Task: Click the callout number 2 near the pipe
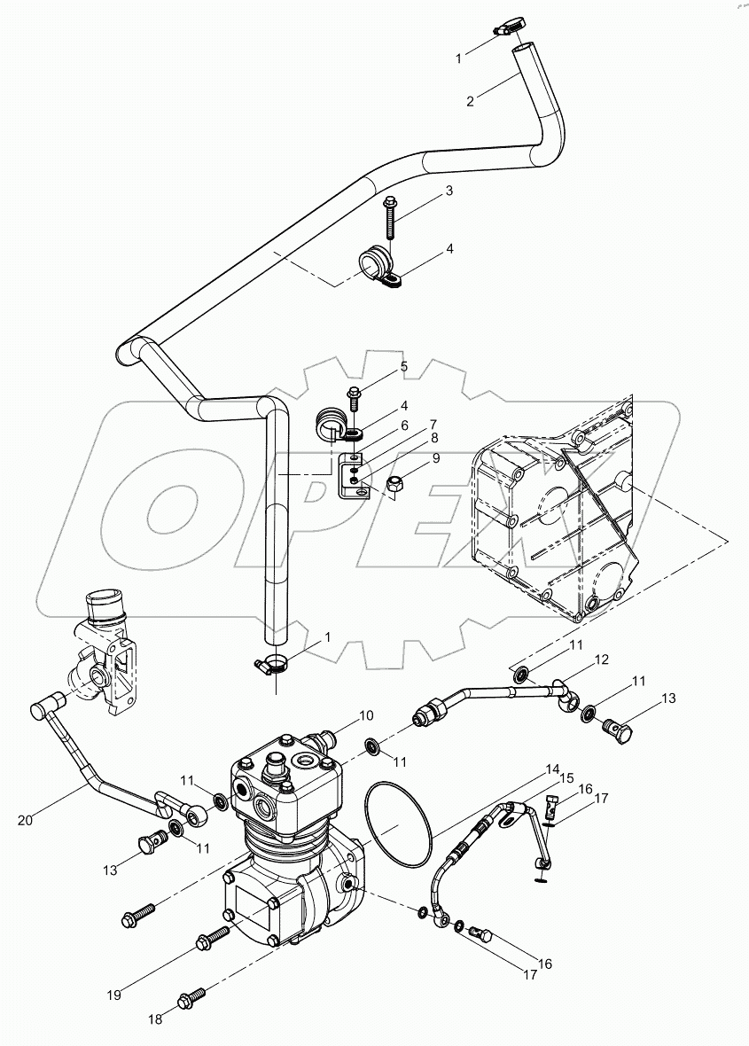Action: [x=471, y=101]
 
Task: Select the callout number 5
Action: [x=403, y=366]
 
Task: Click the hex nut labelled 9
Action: [x=396, y=485]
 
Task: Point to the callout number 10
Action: [x=366, y=715]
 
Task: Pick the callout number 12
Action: [x=601, y=660]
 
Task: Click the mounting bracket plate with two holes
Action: [x=353, y=475]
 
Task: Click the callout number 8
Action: [x=434, y=437]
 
